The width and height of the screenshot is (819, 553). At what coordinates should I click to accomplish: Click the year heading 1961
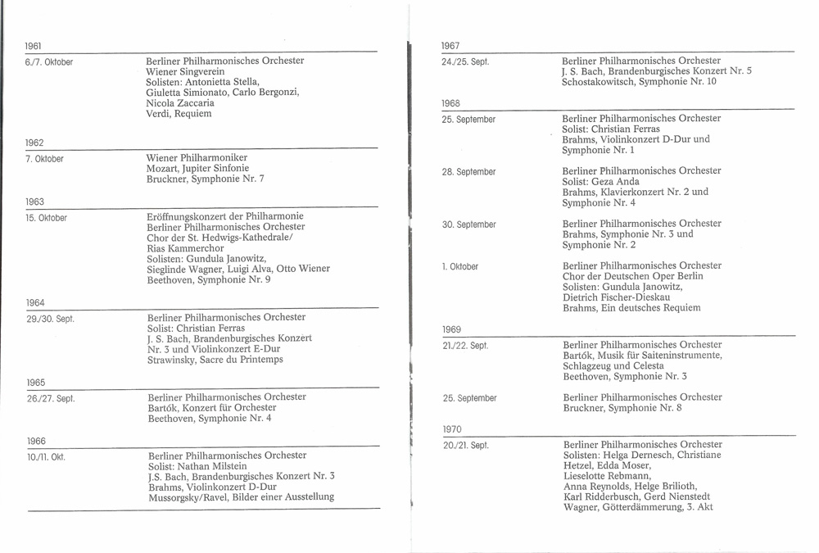[x=34, y=46]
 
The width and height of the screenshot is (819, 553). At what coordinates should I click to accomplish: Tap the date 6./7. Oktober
[x=49, y=62]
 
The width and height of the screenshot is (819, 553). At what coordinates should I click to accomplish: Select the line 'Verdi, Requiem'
[x=179, y=114]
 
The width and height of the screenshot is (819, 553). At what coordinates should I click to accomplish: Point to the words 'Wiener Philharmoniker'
[x=197, y=158]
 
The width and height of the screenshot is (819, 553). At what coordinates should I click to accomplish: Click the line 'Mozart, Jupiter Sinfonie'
[x=197, y=169]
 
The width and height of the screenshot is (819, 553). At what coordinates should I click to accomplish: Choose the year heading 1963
[x=34, y=202]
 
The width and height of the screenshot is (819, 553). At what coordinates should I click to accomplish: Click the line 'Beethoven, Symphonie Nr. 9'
[x=209, y=279]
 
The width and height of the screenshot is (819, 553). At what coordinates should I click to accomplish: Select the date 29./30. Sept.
[x=51, y=319]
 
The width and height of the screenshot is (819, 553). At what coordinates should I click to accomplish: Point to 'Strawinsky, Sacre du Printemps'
[x=215, y=360]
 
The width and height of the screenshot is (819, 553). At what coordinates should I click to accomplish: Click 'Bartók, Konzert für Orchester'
[x=212, y=407]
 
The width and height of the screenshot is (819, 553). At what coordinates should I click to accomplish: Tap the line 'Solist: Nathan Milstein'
[x=197, y=465]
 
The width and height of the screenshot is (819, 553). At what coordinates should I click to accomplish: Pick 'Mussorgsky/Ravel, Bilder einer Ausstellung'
[x=242, y=496]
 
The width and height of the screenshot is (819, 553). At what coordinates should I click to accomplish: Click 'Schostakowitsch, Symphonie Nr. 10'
[x=639, y=82]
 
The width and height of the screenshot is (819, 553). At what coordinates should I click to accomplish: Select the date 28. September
[x=469, y=172]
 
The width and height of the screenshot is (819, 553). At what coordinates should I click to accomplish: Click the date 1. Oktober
[x=460, y=267]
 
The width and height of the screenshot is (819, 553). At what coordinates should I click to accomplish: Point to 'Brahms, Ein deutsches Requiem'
[x=631, y=308]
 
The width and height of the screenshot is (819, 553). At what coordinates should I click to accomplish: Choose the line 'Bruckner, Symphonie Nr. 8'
[x=622, y=408]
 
